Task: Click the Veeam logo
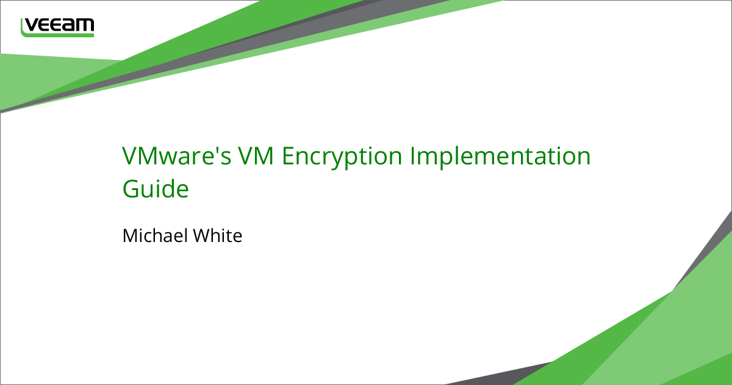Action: pos(57,28)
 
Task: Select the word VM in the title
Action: pos(256,156)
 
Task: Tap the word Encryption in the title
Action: pos(342,158)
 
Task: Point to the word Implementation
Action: pos(500,158)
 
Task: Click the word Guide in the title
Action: pos(156,189)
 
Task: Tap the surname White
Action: pos(218,235)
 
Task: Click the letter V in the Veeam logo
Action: pos(31,25)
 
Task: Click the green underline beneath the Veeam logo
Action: pos(57,35)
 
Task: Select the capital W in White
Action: pos(204,235)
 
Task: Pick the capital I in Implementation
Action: pos(412,156)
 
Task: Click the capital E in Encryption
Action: pos(287,156)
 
